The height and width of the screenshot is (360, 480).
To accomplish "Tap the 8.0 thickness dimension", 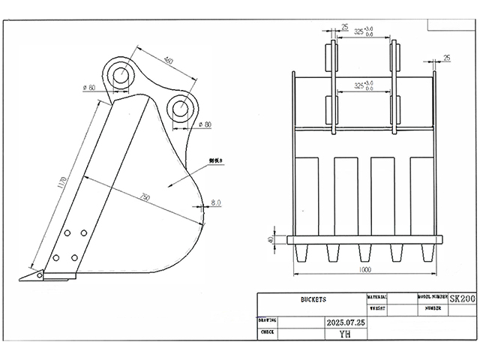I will point(216,202).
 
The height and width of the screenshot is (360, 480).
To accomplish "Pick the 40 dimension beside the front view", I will point(271,240).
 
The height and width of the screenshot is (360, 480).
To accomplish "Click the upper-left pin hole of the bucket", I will point(120,73).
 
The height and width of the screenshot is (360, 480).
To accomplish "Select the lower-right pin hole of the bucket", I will point(181,108).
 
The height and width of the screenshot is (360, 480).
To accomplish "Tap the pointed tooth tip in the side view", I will point(25,277).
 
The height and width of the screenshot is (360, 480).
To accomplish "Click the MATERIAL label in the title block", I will point(376,297).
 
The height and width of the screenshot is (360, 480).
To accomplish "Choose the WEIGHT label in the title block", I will point(376,307).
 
